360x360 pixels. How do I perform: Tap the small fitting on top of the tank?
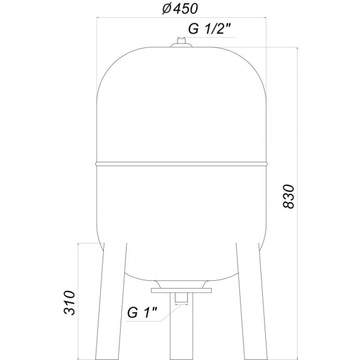(x=180, y=41)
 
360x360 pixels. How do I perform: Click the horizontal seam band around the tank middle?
(x=180, y=161)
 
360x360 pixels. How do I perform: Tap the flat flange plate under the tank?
(x=180, y=290)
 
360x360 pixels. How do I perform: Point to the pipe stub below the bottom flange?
(x=180, y=299)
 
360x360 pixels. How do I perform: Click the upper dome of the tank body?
(x=180, y=102)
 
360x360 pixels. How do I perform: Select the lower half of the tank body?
(x=180, y=216)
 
